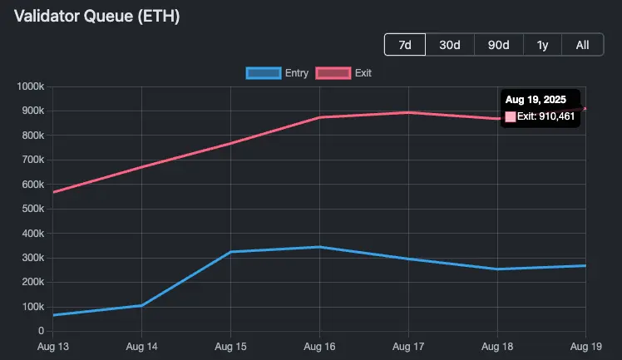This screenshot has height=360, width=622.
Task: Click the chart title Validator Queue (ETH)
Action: coord(97,16)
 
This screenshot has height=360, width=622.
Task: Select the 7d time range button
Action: coord(405,45)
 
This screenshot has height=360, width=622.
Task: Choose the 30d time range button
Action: coord(450,45)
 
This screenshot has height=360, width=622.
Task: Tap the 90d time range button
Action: coord(498,45)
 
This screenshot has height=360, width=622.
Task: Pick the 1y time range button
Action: coord(542,45)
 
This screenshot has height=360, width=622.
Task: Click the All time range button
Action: coord(583,45)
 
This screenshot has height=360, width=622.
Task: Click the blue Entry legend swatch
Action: coord(264,73)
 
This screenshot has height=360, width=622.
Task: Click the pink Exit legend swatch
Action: coord(333,73)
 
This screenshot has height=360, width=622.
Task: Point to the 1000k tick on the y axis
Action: coord(29,86)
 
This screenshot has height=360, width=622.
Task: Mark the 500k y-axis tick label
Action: coord(32,209)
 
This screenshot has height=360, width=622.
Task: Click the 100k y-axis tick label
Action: coord(32,307)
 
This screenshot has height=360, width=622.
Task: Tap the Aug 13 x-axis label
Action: coord(53,345)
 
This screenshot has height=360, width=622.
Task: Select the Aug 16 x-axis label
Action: coord(319,345)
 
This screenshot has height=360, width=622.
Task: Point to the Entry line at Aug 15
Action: coord(230,252)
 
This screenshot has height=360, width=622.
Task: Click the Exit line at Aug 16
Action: coord(319,117)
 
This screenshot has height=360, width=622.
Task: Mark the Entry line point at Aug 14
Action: coord(142,305)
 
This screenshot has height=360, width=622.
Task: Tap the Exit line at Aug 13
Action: coord(54,192)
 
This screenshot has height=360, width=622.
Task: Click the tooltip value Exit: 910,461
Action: coord(545,116)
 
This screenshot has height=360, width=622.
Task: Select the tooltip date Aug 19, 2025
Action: coord(536,100)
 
